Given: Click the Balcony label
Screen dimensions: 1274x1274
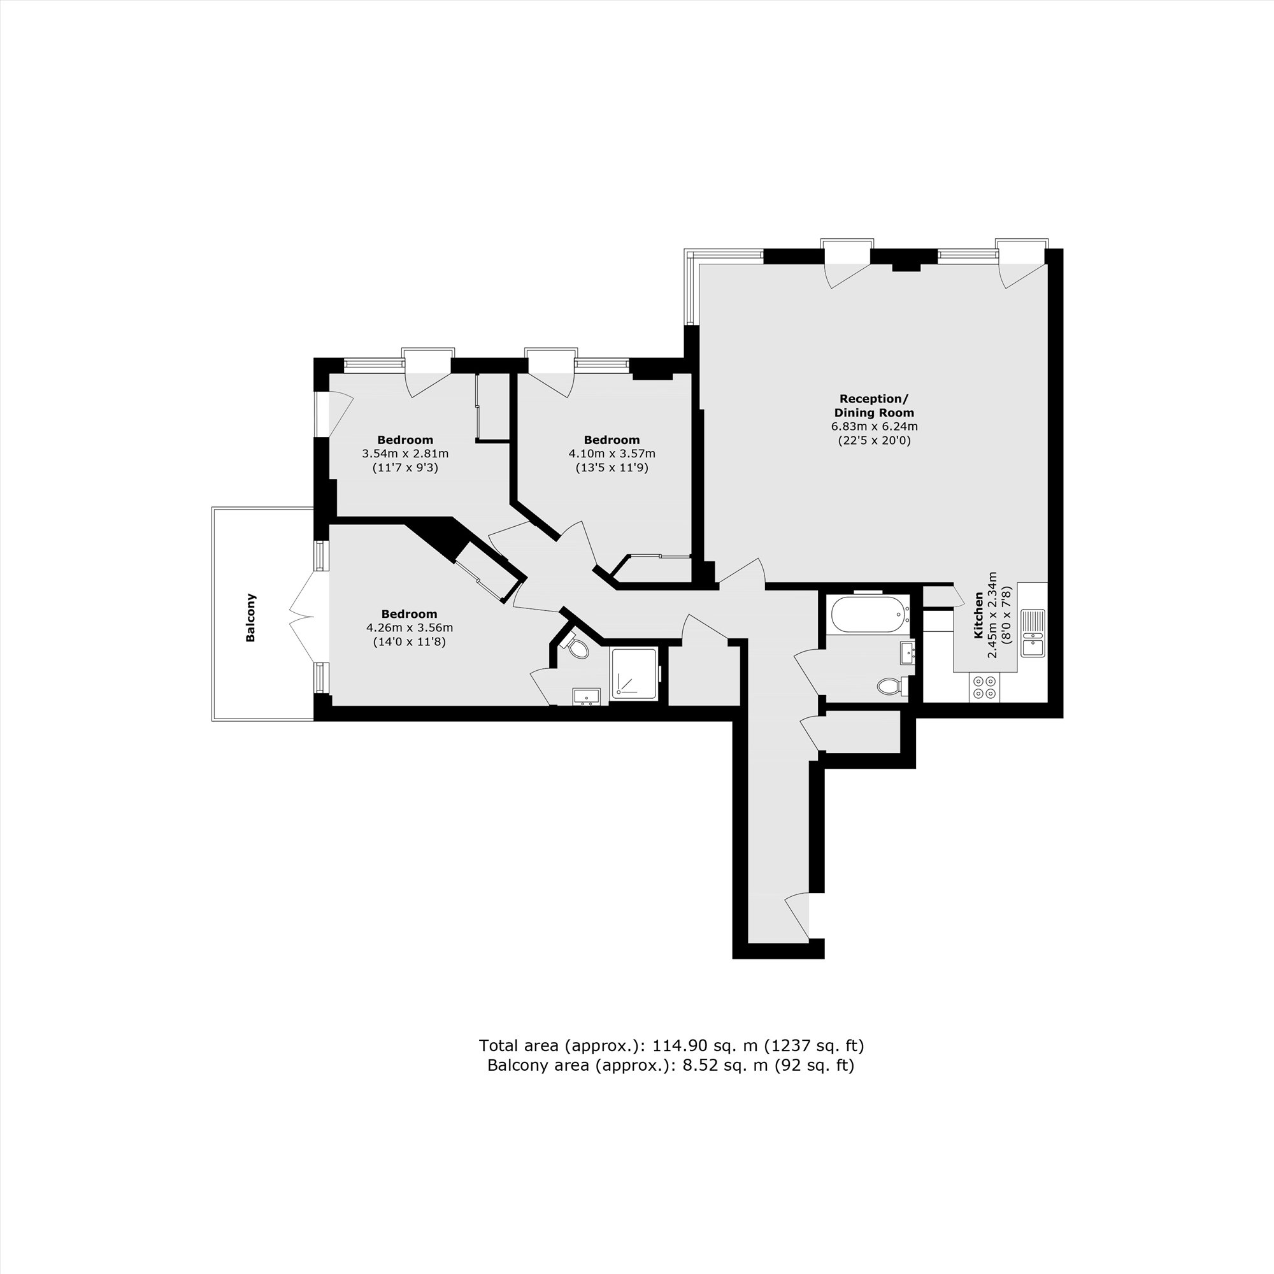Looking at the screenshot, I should click(250, 618).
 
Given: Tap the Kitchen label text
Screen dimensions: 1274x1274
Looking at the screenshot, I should click(978, 615).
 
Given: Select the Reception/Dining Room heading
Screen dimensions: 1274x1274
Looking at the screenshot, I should click(874, 406).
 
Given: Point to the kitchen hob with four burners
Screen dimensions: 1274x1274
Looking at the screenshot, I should click(985, 687).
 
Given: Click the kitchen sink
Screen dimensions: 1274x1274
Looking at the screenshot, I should click(1033, 633).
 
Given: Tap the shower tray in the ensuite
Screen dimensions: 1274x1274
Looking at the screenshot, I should click(634, 673).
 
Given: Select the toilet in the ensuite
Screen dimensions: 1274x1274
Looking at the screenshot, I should click(578, 648).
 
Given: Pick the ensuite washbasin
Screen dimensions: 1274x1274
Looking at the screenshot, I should click(586, 696).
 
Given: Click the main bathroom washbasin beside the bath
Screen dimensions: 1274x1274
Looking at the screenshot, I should click(908, 653).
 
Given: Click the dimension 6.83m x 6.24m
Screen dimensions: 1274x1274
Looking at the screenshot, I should click(875, 427).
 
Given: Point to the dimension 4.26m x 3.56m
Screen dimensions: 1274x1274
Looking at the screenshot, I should click(410, 627).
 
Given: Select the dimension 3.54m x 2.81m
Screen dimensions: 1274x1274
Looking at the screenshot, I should click(405, 454).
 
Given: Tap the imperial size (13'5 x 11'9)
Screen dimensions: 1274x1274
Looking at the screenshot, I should click(612, 468).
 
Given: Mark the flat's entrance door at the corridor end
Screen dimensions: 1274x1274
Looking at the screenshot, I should click(800, 915).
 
